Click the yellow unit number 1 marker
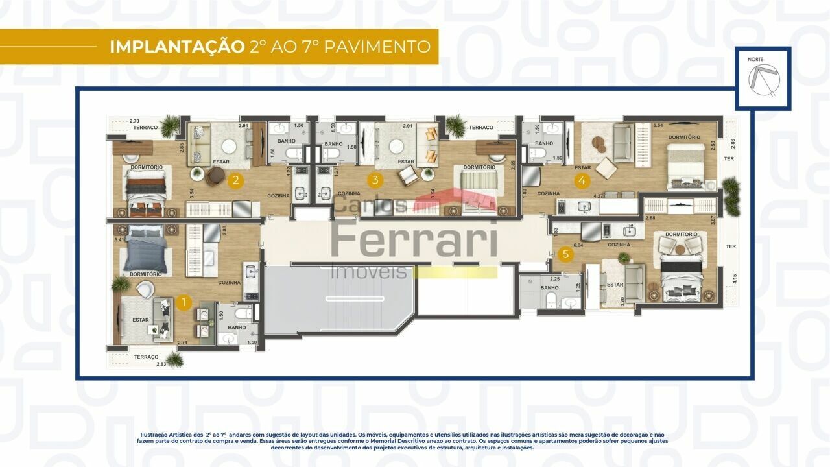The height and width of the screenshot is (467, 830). tap(184, 302)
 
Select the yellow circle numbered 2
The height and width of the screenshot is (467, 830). tap(237, 181)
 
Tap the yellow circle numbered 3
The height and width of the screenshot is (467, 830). tap(374, 181)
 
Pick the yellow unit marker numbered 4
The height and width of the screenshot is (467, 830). tap(582, 181)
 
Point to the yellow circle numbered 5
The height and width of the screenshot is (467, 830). tap(566, 254)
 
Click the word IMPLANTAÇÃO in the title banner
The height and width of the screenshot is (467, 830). tap(176, 47)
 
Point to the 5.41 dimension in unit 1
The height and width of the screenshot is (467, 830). tap(118, 240)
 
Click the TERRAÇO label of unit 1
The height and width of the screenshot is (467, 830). tap(146, 357)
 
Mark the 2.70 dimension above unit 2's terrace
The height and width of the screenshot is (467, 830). tap(135, 121)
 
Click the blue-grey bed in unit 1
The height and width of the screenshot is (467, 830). tap(146, 251)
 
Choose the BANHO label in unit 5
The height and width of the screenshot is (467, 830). tap(549, 287)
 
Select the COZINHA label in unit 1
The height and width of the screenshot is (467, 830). tap(230, 282)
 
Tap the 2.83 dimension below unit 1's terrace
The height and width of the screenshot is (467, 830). tap(161, 364)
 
